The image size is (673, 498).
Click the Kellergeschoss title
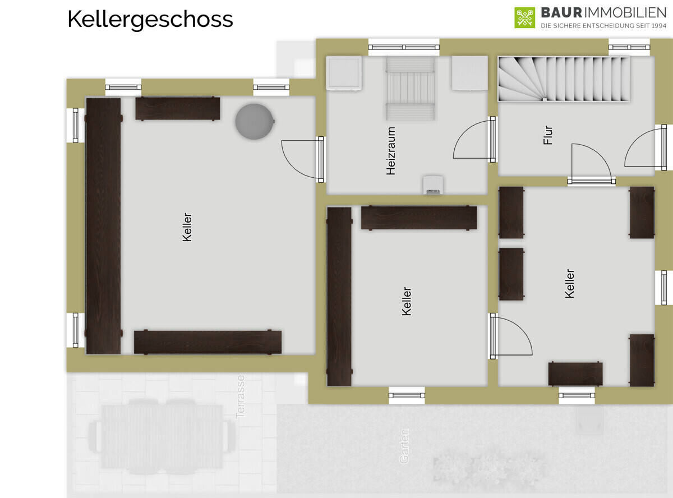pos(150,20)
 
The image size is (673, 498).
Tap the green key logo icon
pos(524,17)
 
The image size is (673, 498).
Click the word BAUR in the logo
pos(561,13)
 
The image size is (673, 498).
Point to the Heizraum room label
pos(391,151)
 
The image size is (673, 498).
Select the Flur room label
pos(548,135)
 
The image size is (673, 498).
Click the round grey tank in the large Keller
pos(255,121)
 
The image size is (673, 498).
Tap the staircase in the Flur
pos(564,79)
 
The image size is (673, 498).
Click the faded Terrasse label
pos(240,396)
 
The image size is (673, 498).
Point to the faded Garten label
pos(404,446)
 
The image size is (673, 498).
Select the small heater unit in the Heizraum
pos(434,185)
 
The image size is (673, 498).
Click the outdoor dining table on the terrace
pos(162,437)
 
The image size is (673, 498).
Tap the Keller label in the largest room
pos(187,227)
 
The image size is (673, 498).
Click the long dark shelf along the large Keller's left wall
pos(103,226)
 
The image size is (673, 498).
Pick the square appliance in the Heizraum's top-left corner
pos(344,73)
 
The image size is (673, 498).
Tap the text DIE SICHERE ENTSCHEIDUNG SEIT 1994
pos(603,26)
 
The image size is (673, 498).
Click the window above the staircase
pos(629,47)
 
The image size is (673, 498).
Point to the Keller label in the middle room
pos(406,301)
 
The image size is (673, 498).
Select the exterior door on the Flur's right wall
pos(646,147)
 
